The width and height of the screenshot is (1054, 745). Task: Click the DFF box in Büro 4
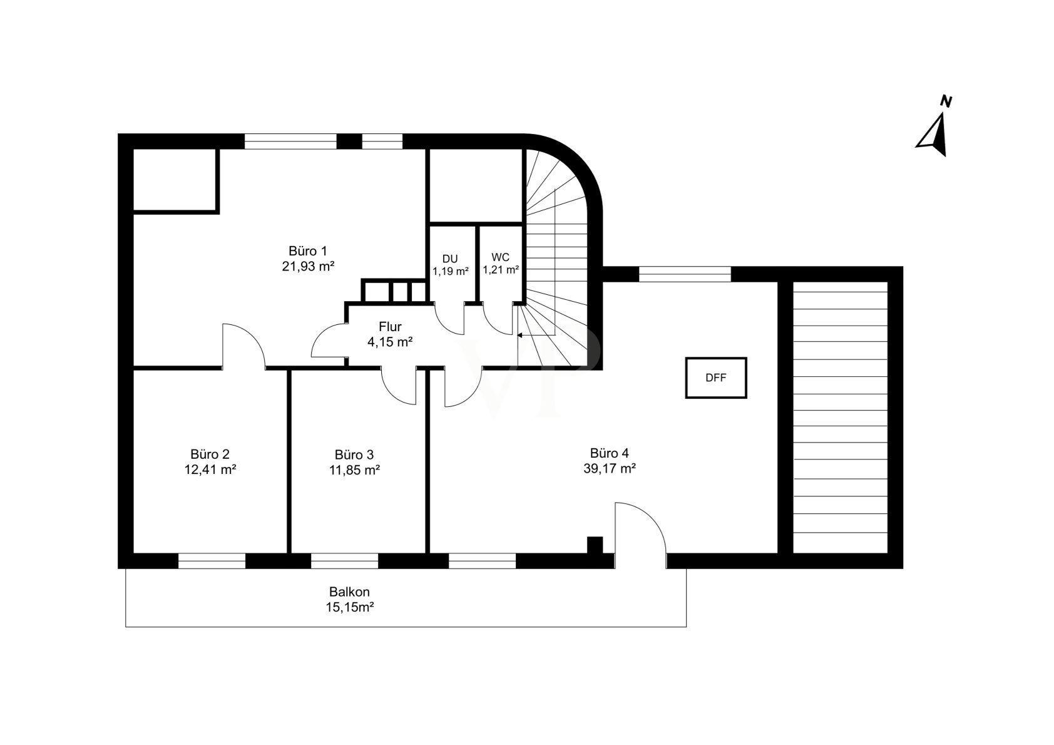tap(715, 378)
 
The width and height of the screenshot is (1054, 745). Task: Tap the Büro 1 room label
tap(308, 250)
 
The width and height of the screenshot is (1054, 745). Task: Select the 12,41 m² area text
tap(210, 470)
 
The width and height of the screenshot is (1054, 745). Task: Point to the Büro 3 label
tap(354, 455)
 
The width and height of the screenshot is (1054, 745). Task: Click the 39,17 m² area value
tap(610, 469)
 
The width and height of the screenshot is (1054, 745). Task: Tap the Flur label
tap(390, 327)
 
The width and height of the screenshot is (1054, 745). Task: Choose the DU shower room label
tap(450, 259)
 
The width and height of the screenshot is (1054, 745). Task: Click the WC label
tap(500, 257)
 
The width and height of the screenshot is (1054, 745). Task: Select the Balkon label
tap(350, 592)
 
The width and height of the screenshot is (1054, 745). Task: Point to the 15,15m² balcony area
tap(350, 607)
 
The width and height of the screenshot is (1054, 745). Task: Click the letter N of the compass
tap(946, 101)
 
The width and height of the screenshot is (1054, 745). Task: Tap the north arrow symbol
tap(933, 135)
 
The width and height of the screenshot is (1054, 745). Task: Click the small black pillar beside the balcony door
tap(595, 545)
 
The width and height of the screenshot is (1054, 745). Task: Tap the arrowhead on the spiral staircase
tap(520, 336)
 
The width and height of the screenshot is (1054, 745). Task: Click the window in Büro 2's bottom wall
tap(212, 561)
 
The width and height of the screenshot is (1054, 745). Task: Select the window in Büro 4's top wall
tap(685, 274)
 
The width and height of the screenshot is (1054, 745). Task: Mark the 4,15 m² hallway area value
tap(390, 342)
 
